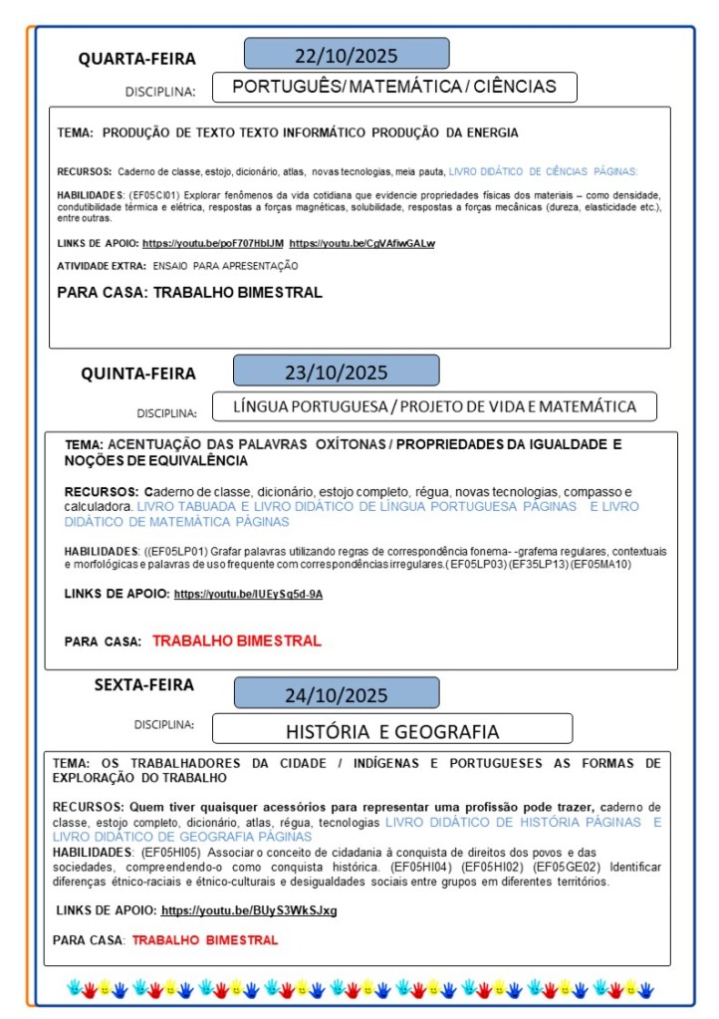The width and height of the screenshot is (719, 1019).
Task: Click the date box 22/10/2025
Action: tap(346, 54)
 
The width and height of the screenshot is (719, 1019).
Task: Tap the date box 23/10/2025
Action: tap(336, 372)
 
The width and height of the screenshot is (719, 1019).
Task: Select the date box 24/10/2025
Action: tap(336, 694)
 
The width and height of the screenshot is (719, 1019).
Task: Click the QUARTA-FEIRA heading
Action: tap(137, 59)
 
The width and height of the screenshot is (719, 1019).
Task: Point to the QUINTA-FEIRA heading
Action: tap(138, 375)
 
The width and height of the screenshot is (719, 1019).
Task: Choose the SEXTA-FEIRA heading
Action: tap(144, 685)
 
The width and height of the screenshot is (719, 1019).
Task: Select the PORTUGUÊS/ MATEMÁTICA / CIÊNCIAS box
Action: tap(394, 87)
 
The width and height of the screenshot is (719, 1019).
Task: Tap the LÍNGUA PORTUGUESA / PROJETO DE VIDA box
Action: tap(434, 406)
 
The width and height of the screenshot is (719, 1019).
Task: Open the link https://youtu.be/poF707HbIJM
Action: tap(213, 243)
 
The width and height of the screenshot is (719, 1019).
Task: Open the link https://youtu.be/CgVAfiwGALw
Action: tap(362, 243)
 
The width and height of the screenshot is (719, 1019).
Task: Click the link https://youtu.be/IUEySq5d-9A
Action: tap(248, 594)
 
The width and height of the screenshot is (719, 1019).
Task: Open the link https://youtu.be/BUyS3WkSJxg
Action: tap(249, 910)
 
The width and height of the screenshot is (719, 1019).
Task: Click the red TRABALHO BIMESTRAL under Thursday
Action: tap(237, 640)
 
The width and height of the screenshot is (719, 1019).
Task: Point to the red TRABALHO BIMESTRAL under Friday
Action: tap(205, 939)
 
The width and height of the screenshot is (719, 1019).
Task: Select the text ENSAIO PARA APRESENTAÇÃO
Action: tap(225, 266)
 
